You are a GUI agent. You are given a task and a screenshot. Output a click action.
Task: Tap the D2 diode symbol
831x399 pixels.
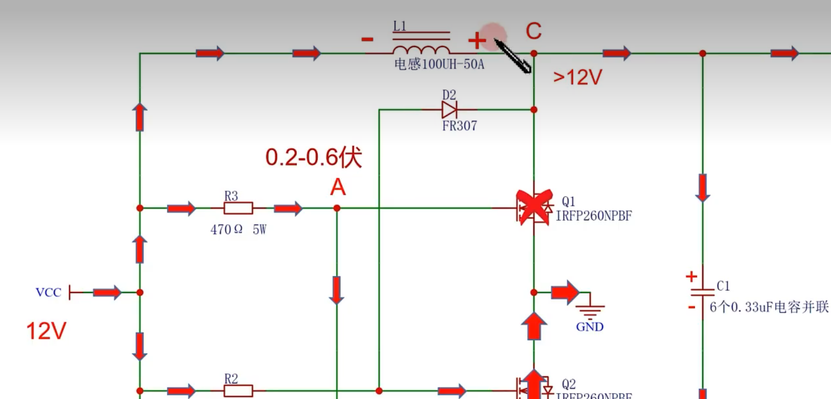coord(449,109)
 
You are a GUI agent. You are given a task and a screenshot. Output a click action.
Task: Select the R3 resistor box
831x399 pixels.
coord(238,208)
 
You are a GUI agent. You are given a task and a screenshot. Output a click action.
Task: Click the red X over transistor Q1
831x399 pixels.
coord(533,207)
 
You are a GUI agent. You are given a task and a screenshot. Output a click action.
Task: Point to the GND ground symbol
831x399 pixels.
coord(590,310)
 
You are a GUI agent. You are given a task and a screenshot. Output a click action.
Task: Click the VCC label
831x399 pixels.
coord(48,293)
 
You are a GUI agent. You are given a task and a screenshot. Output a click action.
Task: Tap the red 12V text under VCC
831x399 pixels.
coord(46,331)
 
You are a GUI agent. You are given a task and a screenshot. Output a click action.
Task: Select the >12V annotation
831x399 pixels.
coord(578,77)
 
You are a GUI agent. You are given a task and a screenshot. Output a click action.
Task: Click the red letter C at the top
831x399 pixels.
coord(533,31)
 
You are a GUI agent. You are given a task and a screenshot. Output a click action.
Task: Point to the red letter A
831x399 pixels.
coord(338,187)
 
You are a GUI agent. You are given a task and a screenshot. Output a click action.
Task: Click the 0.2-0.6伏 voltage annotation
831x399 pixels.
coord(313,157)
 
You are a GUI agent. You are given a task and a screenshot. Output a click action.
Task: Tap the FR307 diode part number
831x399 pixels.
coord(459,126)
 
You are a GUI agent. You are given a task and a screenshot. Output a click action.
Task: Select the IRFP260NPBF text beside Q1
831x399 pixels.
coord(594,216)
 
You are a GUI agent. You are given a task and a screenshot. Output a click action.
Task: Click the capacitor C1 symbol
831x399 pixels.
coord(702,292)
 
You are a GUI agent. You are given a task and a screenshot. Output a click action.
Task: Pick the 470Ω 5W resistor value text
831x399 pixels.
coord(238,230)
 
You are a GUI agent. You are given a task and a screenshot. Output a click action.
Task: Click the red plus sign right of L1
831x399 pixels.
coord(476,40)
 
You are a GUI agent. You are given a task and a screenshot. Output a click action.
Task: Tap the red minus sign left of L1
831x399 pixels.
coord(367,39)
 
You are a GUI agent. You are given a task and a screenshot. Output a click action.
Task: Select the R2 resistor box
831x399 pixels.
coord(238,391)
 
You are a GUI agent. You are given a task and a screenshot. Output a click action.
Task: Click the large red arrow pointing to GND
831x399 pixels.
coord(565,293)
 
